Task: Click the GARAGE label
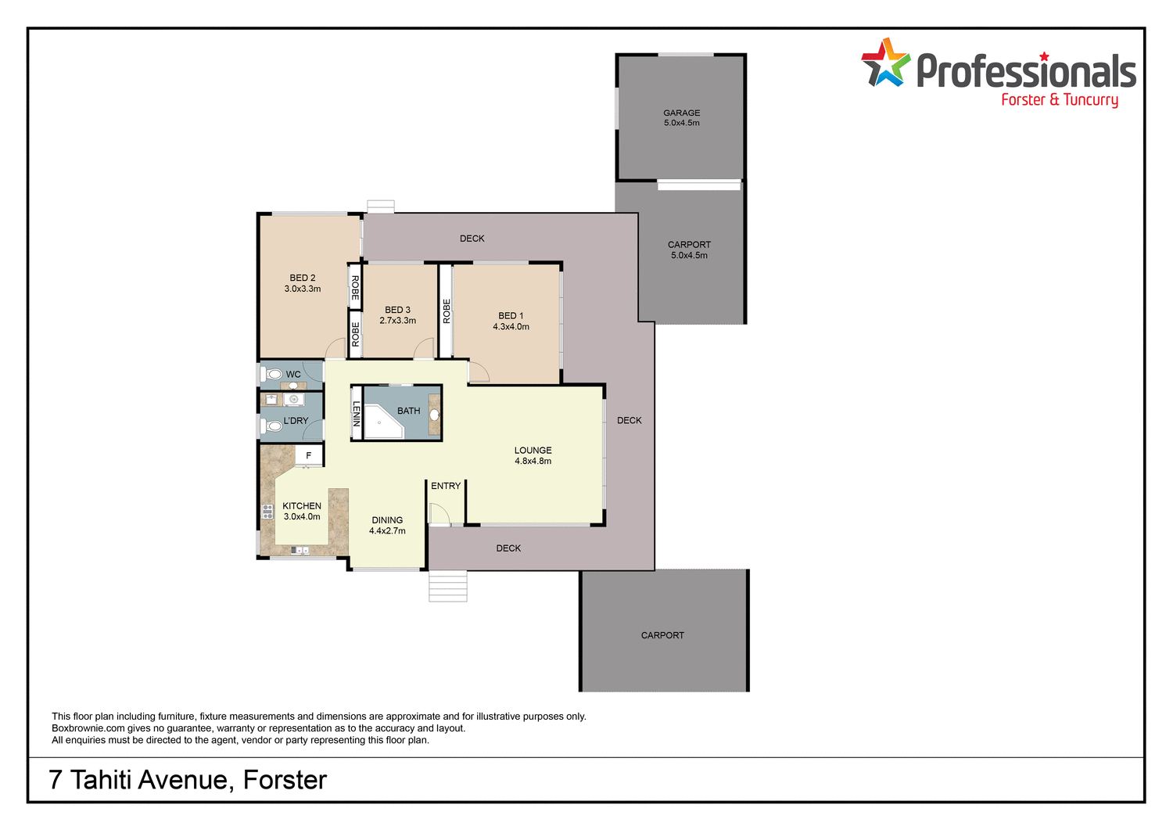pos(681,113)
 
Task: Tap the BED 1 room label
pos(511,315)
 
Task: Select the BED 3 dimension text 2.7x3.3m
pos(397,321)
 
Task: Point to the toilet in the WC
pos(274,375)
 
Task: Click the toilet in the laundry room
pos(273,426)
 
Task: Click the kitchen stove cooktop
pos(267,512)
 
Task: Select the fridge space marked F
pos(309,455)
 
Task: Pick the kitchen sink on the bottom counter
pos(300,551)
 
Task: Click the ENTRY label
pos(446,486)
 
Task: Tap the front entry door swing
pos(439,513)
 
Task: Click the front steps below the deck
pos(447,586)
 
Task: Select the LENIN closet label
pos(357,413)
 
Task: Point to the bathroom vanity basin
pos(434,415)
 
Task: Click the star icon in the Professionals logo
pos(886,63)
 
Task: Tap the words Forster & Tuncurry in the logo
pos(1059,100)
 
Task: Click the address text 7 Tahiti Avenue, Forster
pos(188,780)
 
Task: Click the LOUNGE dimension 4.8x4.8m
pos(533,462)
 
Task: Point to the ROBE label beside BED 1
pos(447,311)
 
